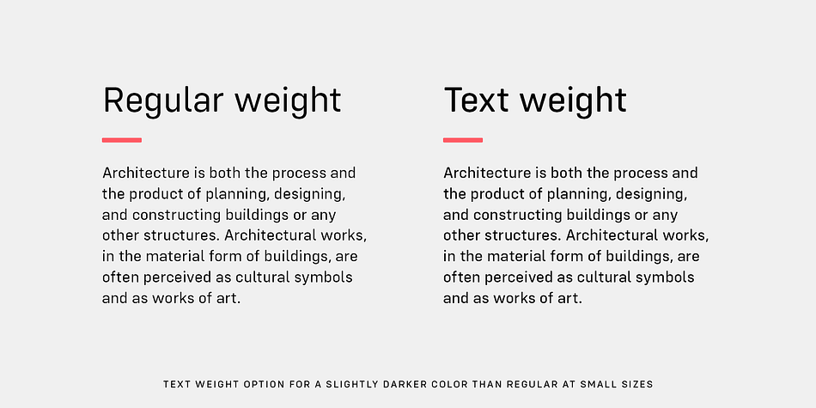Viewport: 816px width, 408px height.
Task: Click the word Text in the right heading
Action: (477, 100)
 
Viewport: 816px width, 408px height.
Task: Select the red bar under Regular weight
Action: (122, 140)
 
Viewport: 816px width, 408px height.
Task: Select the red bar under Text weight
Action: (463, 140)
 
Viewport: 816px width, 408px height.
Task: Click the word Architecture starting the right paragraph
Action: (486, 173)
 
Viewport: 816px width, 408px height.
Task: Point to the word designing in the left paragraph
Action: (310, 195)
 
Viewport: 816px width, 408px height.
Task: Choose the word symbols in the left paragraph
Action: (324, 278)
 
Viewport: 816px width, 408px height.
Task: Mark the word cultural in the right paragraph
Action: (604, 277)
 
